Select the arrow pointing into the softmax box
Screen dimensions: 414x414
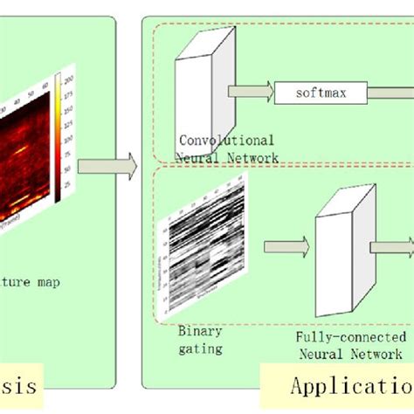[249, 91]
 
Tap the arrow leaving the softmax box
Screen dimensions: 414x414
[390, 90]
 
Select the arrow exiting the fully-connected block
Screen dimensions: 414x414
[390, 247]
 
